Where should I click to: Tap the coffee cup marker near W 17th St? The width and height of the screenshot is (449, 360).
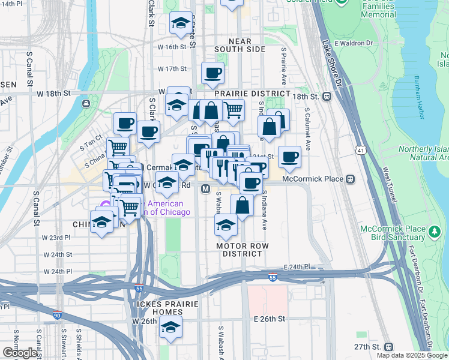click(212, 74)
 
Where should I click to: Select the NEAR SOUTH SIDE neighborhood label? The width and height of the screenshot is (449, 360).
click(239, 45)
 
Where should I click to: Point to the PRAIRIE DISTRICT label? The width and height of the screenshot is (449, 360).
click(244, 94)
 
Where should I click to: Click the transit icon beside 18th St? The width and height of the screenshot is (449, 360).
click(327, 96)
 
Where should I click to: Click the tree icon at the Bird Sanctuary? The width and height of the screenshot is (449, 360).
click(433, 230)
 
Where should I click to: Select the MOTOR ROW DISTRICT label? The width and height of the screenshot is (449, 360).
click(243, 250)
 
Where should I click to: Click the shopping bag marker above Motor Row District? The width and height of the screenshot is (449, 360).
click(242, 206)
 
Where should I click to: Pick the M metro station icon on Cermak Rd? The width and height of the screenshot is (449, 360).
click(205, 189)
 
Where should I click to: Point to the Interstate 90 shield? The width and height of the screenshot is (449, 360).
click(56, 315)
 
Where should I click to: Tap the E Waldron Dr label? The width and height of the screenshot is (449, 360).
click(354, 43)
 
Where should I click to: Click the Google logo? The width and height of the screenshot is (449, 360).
click(20, 353)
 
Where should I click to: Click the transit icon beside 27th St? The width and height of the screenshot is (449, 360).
click(389, 347)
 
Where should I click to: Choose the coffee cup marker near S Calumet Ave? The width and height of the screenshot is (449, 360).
click(289, 156)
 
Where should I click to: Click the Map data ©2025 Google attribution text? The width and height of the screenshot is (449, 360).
click(412, 355)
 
